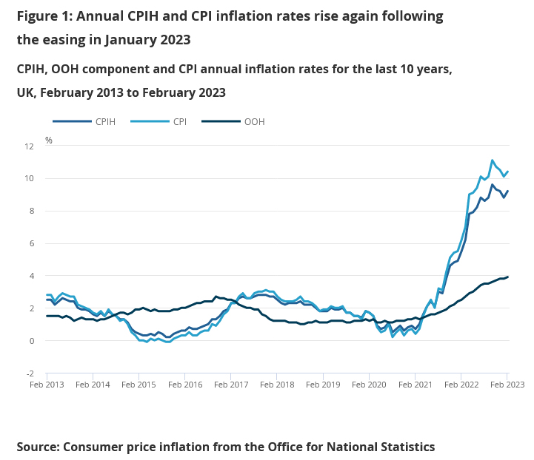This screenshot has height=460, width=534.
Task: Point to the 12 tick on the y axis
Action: point(30,146)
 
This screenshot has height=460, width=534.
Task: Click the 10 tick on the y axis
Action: point(30,179)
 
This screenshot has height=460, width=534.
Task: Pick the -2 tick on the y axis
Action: point(30,374)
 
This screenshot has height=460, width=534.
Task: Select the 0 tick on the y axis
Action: point(32,342)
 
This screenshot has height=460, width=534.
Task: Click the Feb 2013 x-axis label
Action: point(46,385)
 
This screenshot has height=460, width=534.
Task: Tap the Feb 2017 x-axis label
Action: point(230,385)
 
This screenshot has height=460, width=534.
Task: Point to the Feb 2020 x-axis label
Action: point(368,385)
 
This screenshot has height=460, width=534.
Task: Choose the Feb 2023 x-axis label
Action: point(506,385)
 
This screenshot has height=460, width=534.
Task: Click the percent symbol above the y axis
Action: point(49,140)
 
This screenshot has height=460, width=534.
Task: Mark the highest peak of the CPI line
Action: point(493,160)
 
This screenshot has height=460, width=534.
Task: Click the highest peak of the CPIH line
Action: point(493,185)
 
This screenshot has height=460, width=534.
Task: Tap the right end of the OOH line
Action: point(508,277)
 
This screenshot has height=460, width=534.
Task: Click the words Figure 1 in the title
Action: point(44,16)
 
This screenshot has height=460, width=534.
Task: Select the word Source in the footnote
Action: point(37,447)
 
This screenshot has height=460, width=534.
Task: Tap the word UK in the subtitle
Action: point(26,92)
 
